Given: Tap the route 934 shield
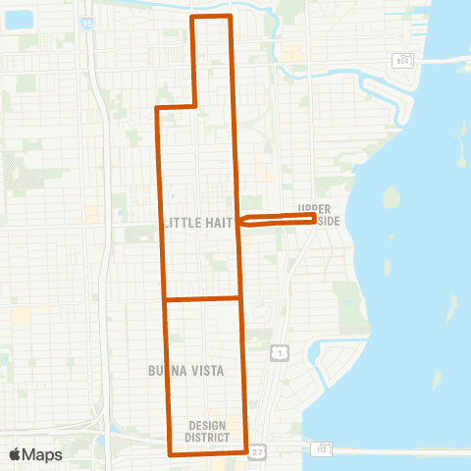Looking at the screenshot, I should point(398,59).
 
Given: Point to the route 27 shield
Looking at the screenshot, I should point(258,450).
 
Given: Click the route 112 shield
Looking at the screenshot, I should point(322,448).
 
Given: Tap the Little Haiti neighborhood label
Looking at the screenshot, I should point(198,224).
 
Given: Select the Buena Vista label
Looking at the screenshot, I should point(185,371).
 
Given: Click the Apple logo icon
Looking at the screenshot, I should point(16,454).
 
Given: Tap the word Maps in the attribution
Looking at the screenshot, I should point(43,454).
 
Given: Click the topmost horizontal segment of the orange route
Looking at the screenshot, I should point(210,18).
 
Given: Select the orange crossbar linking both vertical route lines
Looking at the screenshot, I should point(202,298).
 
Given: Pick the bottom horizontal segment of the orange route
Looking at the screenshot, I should point(208,454).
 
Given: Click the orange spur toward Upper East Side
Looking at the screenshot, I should point(277,221).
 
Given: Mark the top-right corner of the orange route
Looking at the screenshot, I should point(230,18).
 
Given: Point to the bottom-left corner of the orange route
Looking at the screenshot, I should point(171,454).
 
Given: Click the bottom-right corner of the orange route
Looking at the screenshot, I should point(245,453).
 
